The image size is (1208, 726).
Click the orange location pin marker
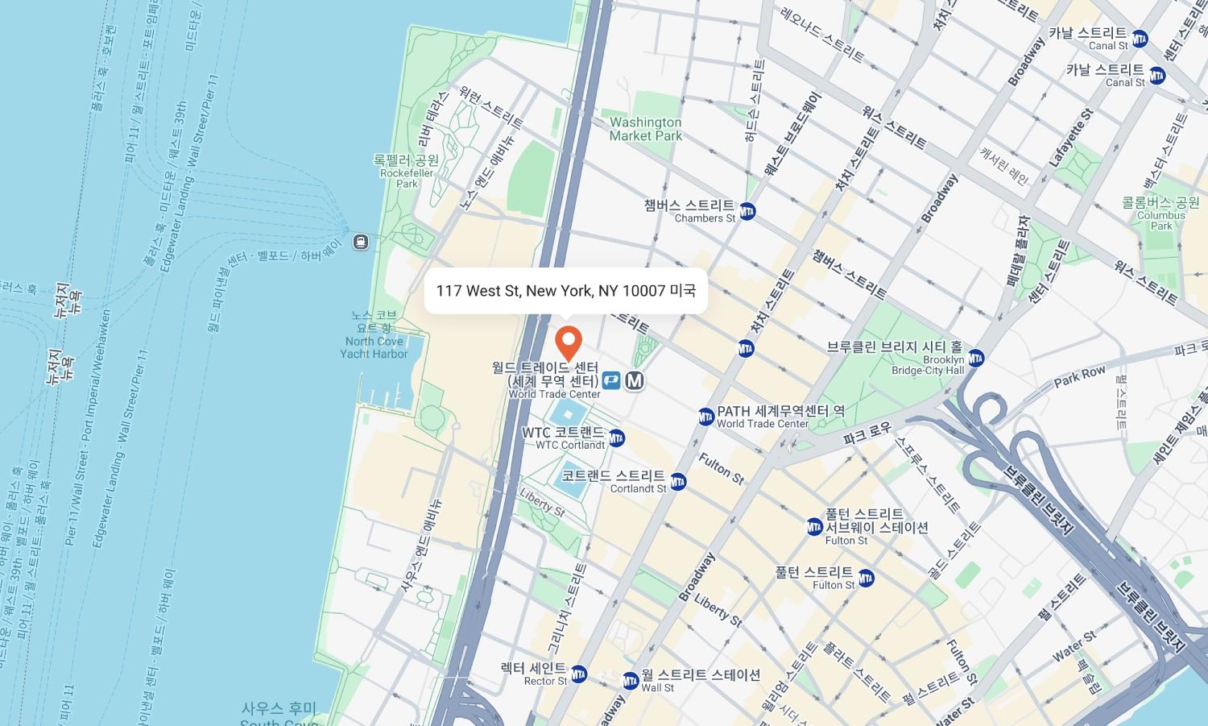click(x=569, y=342)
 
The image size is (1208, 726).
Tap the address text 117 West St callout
click(x=565, y=291)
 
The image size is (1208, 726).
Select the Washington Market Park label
click(x=645, y=129)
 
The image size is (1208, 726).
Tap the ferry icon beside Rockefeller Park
click(x=361, y=242)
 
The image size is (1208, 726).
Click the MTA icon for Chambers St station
click(x=747, y=211)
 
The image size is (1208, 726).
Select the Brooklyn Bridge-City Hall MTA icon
click(x=976, y=358)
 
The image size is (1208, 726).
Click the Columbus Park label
click(x=1160, y=213)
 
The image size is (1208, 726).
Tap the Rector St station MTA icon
click(x=579, y=674)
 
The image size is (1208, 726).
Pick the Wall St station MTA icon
click(x=631, y=682)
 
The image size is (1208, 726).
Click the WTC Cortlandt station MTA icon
click(x=617, y=438)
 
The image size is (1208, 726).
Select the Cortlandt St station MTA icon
click(x=678, y=482)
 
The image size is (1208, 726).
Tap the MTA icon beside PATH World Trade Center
click(x=706, y=417)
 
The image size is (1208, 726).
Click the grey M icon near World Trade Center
click(x=635, y=380)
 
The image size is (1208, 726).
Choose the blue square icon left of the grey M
click(x=611, y=380)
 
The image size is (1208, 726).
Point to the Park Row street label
click(x=1079, y=377)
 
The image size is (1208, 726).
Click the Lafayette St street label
click(x=1071, y=138)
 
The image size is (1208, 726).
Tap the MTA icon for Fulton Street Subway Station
click(x=815, y=527)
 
